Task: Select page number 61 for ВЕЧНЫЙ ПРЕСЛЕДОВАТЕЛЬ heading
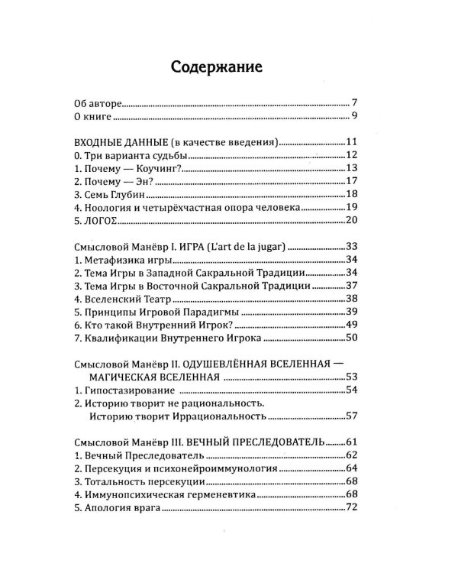[x=351, y=444]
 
